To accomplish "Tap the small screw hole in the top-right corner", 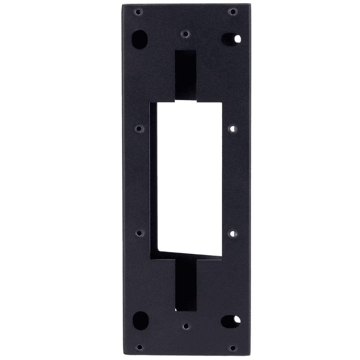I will pos(233,12).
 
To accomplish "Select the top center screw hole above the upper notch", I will pos(185,33).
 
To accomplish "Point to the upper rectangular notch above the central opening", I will pos(186,74).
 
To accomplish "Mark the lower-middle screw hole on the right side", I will pos(233,234).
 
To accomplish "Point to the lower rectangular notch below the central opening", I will pos(186,284).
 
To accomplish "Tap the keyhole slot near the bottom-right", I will pos(231,319).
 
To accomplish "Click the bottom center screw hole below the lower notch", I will pos(185,326).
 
